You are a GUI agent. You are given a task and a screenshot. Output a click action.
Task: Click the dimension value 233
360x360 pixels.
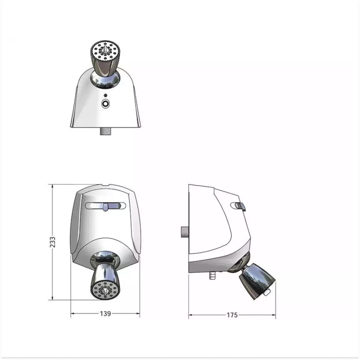click(x=53, y=242)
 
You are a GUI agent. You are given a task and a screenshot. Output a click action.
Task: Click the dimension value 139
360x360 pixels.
click(x=105, y=314)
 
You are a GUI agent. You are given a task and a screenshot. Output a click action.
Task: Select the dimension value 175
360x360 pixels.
click(x=232, y=315)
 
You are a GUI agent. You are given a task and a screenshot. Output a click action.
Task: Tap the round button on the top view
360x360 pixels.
click(x=105, y=103)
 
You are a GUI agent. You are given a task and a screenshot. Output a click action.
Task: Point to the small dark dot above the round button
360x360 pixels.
click(x=105, y=95)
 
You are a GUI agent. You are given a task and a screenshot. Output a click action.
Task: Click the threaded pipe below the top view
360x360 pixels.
click(x=106, y=131)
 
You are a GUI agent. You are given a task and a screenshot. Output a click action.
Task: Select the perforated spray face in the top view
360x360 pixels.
click(x=105, y=51)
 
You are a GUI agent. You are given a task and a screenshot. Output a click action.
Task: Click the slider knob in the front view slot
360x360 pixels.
click(x=105, y=207)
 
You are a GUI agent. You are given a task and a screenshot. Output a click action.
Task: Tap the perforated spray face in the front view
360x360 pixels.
click(x=105, y=290)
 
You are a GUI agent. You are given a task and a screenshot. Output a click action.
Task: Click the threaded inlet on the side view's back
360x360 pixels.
click(x=185, y=232)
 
